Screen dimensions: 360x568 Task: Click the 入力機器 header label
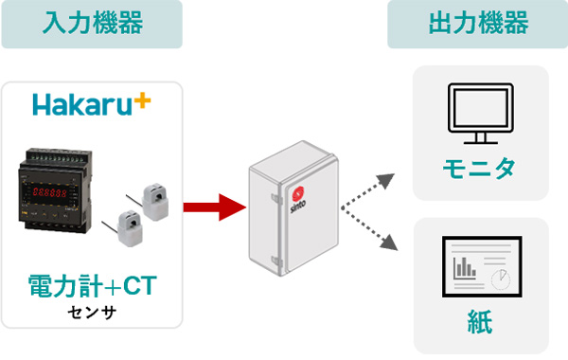pos(92,25)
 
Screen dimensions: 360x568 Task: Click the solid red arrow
pos(210,207)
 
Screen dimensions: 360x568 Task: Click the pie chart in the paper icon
pos(501,276)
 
